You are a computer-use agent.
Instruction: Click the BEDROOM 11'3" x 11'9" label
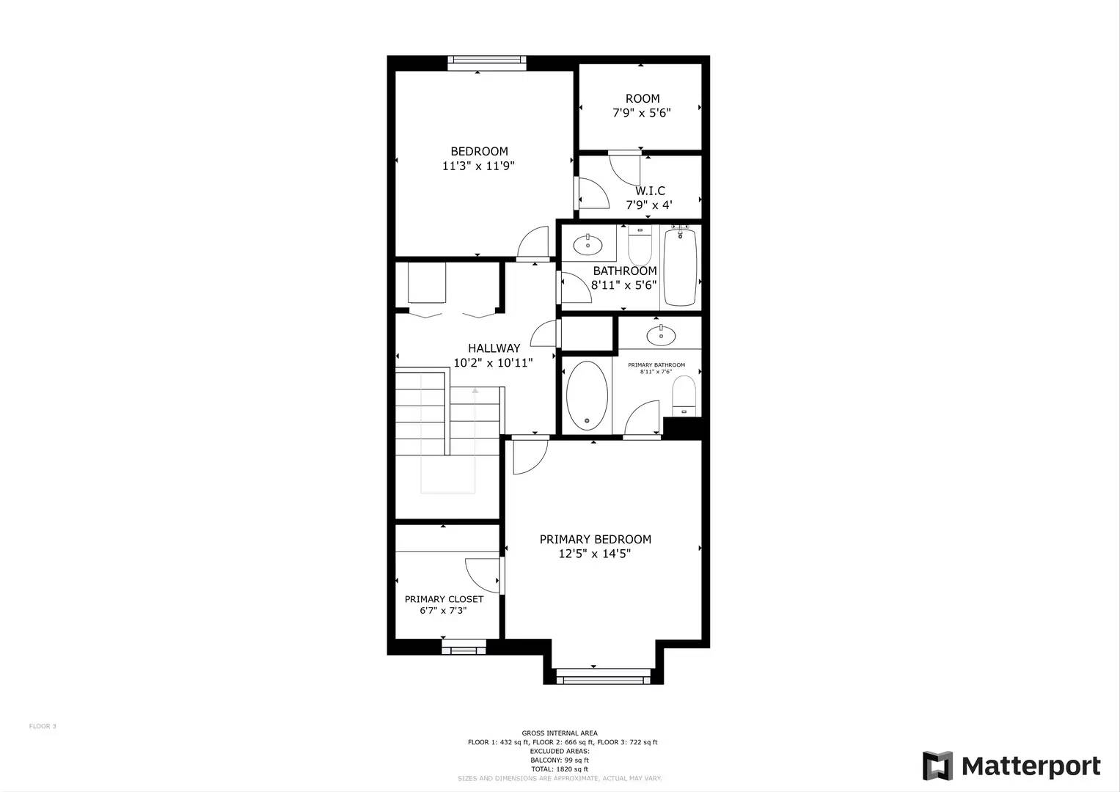[x=478, y=158]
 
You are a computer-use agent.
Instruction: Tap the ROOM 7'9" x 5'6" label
[x=642, y=106]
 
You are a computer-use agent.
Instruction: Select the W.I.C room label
[x=650, y=191]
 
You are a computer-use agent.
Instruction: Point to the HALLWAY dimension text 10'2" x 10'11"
[x=493, y=363]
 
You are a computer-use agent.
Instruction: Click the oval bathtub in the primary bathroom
[x=587, y=395]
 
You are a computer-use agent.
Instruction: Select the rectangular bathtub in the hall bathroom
[x=680, y=266]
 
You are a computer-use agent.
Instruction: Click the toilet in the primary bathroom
[x=684, y=395]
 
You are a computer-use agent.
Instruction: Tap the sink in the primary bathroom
[x=661, y=335]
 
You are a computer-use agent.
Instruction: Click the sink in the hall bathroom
[x=588, y=244]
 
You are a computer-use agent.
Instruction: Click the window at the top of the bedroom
[x=487, y=63]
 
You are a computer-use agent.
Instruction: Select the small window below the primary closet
[x=464, y=648]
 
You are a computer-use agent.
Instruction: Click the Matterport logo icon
[x=937, y=766]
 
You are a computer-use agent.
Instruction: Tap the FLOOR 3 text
[x=43, y=726]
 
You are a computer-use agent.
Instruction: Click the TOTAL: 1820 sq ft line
[x=559, y=769]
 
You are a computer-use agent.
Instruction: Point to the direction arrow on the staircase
[x=475, y=391]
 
